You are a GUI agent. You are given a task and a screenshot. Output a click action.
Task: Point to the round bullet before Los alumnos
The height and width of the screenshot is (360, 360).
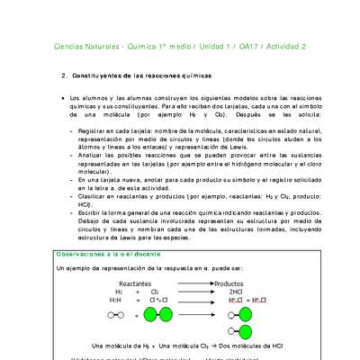click(x=59, y=96)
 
